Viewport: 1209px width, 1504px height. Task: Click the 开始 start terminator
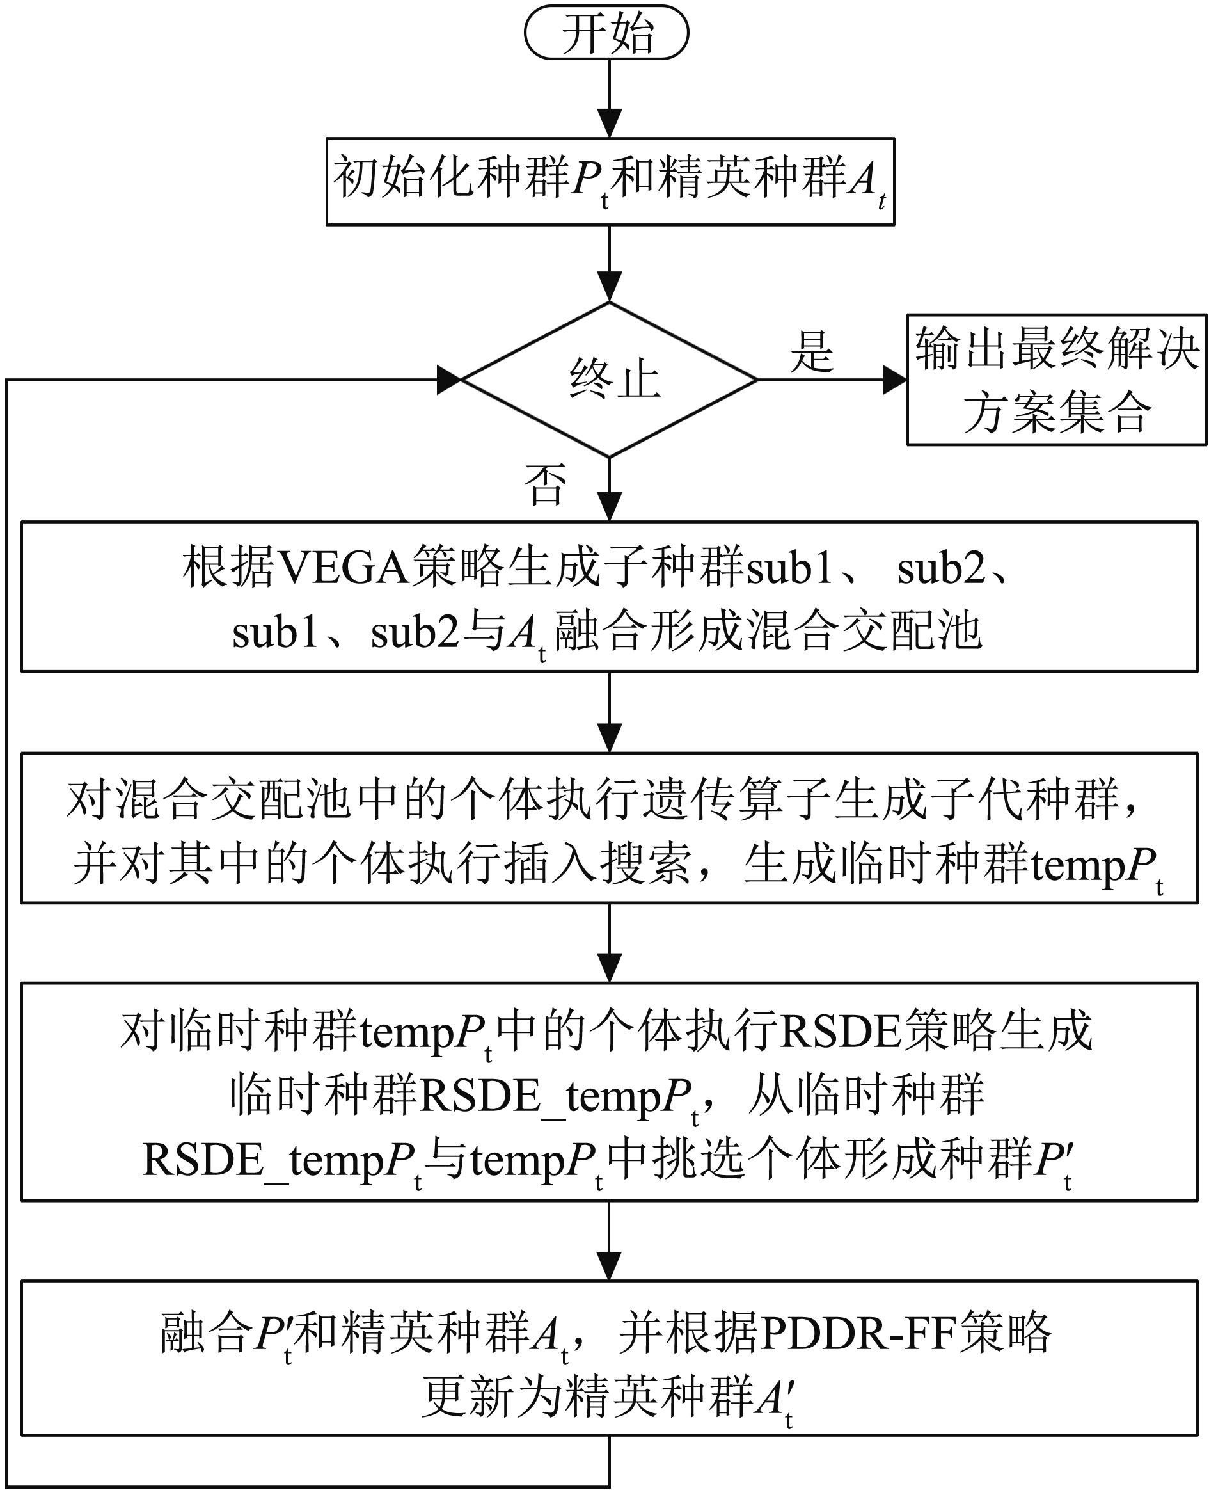tap(606, 33)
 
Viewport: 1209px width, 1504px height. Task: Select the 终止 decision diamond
tap(610, 380)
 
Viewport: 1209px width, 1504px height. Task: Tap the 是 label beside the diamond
tap(812, 351)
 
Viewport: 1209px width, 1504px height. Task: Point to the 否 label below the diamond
tap(546, 483)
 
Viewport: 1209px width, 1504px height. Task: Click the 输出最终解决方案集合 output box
tap(1057, 380)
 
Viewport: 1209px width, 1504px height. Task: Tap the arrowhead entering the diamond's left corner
tap(450, 380)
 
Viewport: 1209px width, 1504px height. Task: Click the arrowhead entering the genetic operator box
tap(610, 739)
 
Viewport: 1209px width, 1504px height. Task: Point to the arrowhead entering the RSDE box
tap(610, 969)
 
